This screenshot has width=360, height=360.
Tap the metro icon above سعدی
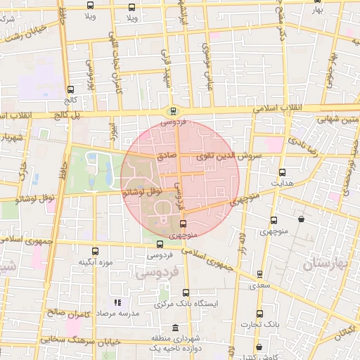259,275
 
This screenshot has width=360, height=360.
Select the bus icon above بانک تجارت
259,314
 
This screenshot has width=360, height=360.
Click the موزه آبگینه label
96,262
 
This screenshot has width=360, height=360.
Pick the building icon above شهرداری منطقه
175,328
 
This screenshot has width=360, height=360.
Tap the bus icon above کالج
70,90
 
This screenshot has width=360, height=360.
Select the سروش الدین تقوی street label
228,155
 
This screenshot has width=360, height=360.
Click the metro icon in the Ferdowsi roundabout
173,110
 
